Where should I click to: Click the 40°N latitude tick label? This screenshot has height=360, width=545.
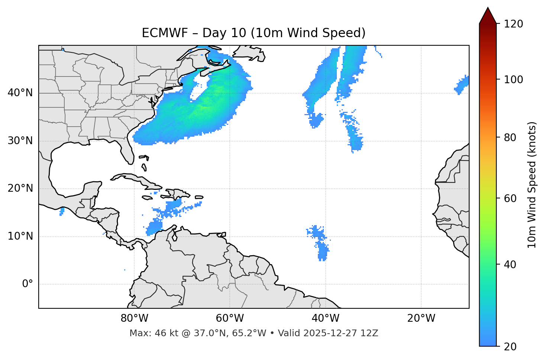coord(20,93)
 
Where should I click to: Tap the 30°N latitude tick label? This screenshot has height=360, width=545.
coord(20,141)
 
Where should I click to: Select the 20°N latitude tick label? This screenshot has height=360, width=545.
coord(20,188)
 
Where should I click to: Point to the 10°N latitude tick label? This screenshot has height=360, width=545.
coord(20,236)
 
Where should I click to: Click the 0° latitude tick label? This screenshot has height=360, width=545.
coord(28,284)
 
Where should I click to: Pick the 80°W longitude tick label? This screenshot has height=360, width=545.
coord(134,318)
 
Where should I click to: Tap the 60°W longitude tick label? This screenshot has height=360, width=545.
coord(230,318)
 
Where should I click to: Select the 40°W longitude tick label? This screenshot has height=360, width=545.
coord(325,318)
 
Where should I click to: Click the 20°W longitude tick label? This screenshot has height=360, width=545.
coord(421,318)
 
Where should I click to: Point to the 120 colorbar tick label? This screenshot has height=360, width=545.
coord(513,24)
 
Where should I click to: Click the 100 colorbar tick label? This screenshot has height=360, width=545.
coord(513,80)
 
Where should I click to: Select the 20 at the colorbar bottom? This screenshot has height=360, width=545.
coord(510,347)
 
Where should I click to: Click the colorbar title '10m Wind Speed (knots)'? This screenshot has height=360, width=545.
coord(532,185)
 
